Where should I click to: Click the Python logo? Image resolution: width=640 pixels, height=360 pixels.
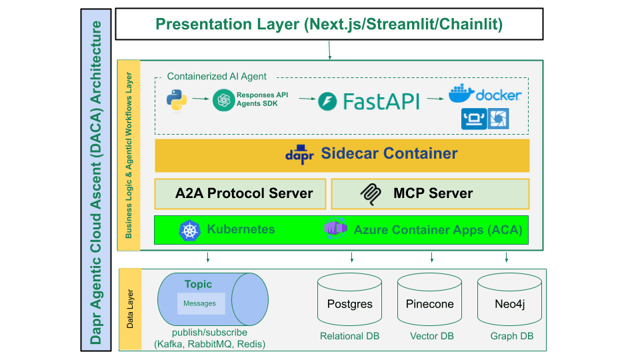177,99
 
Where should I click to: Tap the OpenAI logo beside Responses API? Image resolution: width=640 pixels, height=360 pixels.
224,99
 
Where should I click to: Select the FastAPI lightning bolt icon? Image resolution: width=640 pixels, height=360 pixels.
327,101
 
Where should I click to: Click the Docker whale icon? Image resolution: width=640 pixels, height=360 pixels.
461,93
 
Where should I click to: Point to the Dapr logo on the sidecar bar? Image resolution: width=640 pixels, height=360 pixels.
299,154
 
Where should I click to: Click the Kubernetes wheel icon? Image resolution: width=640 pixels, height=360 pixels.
190,230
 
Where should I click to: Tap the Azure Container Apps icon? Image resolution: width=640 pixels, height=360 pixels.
335,229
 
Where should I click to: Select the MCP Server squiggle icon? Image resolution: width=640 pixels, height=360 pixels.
371,194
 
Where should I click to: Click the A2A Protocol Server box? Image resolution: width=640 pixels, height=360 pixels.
241,194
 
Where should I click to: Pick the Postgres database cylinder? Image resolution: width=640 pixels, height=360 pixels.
350,299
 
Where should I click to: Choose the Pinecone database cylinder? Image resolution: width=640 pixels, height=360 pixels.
430,299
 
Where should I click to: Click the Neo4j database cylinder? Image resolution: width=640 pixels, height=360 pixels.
510,299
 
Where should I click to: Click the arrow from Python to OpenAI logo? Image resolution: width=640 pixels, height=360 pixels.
201,99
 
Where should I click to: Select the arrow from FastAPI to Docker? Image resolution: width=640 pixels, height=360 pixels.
435,99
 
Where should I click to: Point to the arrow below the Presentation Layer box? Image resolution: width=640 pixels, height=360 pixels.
329,50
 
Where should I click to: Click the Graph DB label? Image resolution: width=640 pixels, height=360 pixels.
512,336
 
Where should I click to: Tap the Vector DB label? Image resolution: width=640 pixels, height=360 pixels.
432,336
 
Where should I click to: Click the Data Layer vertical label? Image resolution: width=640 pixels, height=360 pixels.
130,309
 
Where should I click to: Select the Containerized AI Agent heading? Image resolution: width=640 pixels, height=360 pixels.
216,76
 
